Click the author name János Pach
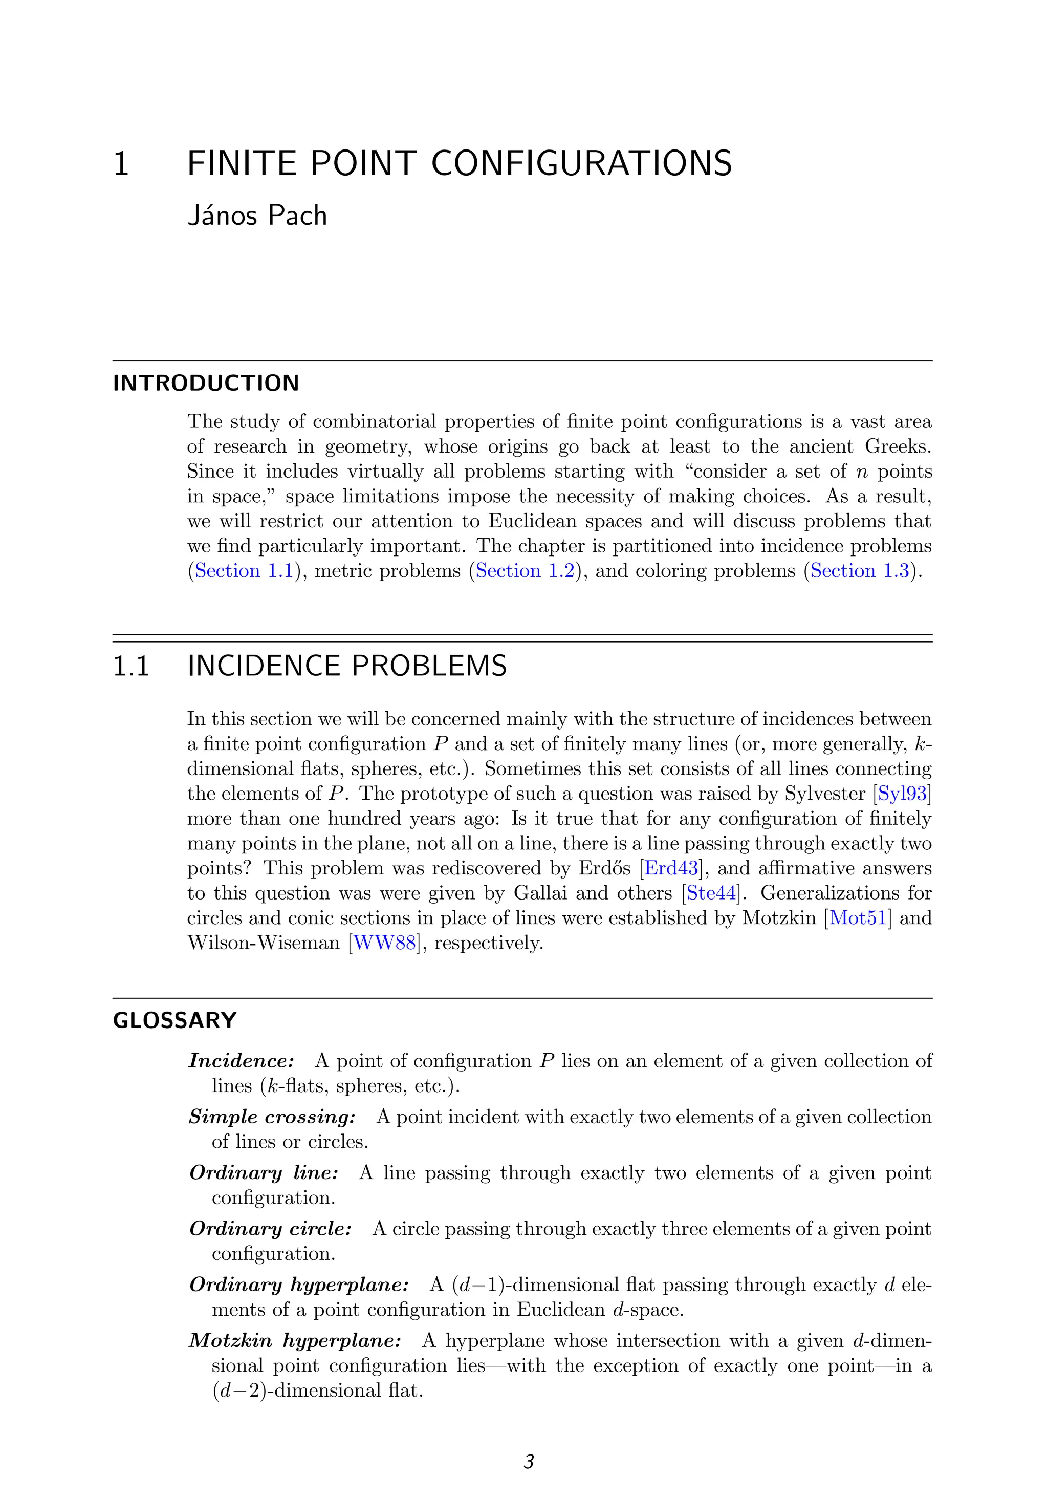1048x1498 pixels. click(257, 216)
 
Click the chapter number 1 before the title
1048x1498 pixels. click(121, 163)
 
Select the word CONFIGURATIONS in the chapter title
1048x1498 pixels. click(581, 163)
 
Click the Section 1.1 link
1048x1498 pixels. click(244, 571)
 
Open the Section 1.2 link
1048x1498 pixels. click(525, 571)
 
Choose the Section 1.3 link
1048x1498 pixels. click(860, 571)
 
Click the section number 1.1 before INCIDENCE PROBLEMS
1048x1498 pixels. click(131, 666)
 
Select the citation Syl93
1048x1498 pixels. click(902, 794)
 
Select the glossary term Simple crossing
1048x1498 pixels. click(272, 1117)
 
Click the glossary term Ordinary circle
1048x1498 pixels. click(270, 1229)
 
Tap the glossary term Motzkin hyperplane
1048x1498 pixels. click(294, 1341)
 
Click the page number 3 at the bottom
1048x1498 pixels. click(529, 1462)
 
